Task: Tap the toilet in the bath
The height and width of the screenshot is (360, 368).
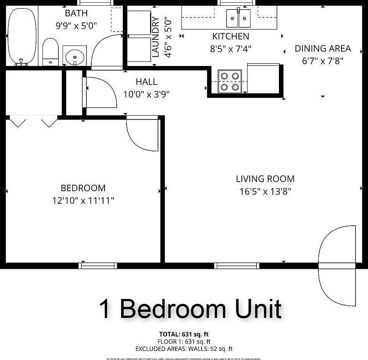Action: (x=50, y=52)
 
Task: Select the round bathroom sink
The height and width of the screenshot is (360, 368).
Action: (x=74, y=57)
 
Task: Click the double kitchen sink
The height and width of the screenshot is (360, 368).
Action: (x=239, y=18)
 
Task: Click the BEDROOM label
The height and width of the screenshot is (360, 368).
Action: (x=83, y=188)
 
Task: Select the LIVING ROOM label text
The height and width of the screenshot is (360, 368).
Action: (x=265, y=179)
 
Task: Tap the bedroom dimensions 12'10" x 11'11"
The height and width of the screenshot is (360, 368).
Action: (x=83, y=200)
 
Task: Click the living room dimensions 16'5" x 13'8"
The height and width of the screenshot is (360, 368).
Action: (x=265, y=191)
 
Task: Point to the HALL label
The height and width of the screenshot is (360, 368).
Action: (x=146, y=82)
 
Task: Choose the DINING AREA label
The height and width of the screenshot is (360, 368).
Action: (x=323, y=49)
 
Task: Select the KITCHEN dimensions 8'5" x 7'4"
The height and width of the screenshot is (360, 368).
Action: (x=230, y=49)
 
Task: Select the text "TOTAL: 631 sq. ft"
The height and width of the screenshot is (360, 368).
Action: (x=184, y=334)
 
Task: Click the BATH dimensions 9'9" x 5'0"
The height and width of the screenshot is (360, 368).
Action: (x=76, y=25)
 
